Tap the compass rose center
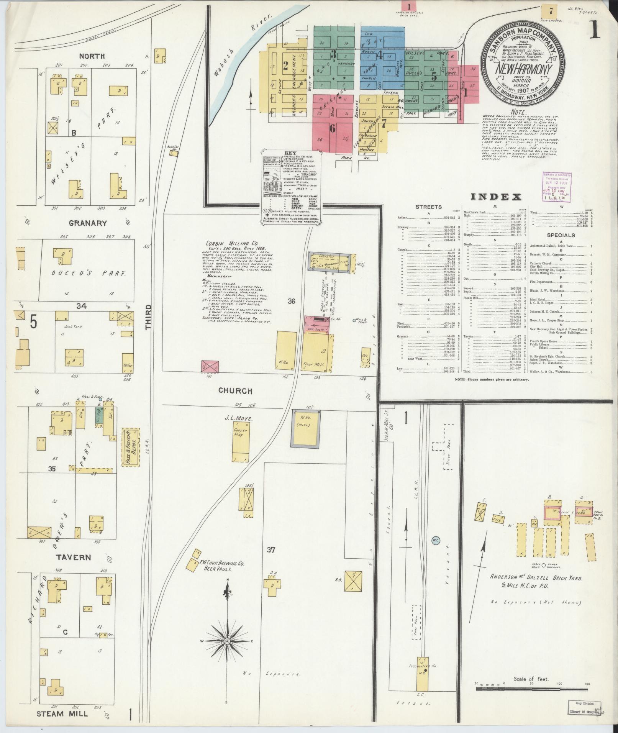(227, 641)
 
